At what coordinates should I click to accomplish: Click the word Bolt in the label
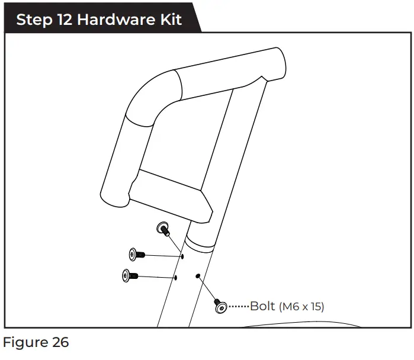[262, 306]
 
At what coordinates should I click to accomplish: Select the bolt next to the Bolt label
[220, 306]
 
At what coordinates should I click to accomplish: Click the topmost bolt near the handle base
[162, 229]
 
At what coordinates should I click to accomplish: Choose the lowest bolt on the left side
[129, 275]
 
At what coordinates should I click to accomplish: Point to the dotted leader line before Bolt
[238, 307]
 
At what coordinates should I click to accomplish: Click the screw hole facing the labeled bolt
[197, 275]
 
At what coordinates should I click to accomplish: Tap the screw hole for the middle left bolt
[182, 256]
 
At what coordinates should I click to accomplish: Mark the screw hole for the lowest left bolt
[175, 277]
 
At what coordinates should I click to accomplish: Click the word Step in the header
[32, 19]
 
